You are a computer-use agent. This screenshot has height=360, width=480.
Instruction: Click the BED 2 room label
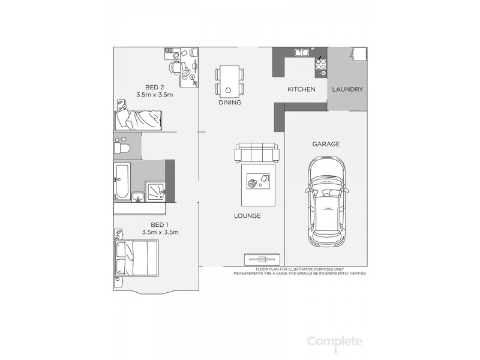pos(154,86)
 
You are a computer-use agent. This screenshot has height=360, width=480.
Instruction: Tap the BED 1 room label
pos(160,224)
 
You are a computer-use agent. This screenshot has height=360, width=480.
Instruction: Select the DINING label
pos(230,103)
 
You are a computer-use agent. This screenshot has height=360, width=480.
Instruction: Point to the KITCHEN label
pos(301,89)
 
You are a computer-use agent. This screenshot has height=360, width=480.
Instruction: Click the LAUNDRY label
pos(347,89)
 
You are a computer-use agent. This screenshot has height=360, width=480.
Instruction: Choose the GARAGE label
pos(326,144)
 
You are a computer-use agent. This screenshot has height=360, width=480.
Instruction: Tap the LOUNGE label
pos(247,216)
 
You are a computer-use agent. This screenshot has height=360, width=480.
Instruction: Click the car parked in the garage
pos(327,202)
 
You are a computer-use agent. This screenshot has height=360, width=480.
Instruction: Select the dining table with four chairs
pos(230,81)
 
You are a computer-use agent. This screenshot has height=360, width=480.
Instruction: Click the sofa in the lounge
pos(257,152)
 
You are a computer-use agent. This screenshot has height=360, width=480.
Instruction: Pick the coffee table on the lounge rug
pos(258,181)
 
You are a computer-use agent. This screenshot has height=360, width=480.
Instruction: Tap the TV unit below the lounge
pos(262,259)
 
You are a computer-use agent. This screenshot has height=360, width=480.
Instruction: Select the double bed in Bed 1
pos(137,257)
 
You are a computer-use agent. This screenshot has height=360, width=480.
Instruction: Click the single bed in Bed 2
pos(139,119)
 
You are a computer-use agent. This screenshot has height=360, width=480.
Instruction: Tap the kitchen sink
pos(301,53)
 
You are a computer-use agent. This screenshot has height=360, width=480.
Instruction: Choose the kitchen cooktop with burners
pos(322,62)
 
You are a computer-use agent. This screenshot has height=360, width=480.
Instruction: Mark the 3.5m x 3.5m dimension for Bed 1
pos(160,232)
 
